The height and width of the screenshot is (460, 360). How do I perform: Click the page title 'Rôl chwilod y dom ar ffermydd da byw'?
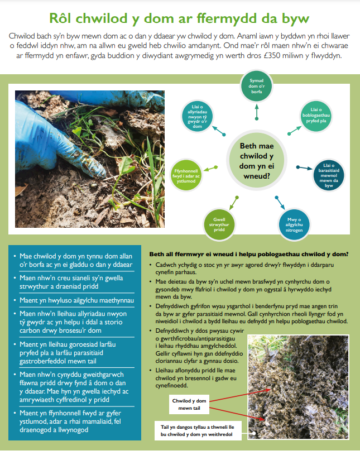pos(180,18)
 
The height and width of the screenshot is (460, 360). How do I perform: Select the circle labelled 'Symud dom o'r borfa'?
pos(256,87)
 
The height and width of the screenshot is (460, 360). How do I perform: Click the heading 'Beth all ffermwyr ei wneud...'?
pos(248,254)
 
